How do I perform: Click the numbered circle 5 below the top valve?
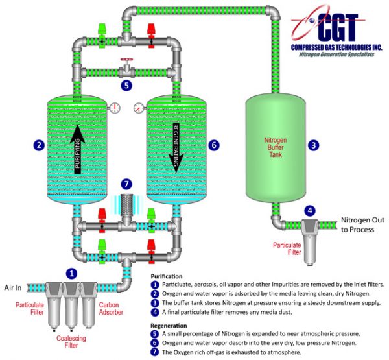pos(127,85)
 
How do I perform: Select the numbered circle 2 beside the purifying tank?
pos(40,145)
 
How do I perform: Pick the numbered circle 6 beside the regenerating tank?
pos(214,145)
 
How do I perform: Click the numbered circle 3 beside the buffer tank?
pos(314,145)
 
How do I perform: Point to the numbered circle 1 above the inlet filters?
pos(73,274)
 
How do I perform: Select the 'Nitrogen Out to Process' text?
pos(362,224)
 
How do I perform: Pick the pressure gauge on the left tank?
pos(115,107)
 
